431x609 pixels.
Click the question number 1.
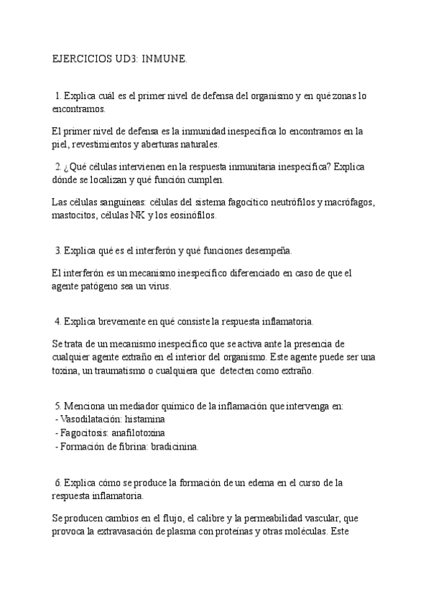tap(57, 96)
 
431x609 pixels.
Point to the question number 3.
tap(57, 251)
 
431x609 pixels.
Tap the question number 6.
tap(57, 483)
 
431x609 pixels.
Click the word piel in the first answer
tap(61, 144)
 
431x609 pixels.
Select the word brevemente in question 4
tap(119, 321)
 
